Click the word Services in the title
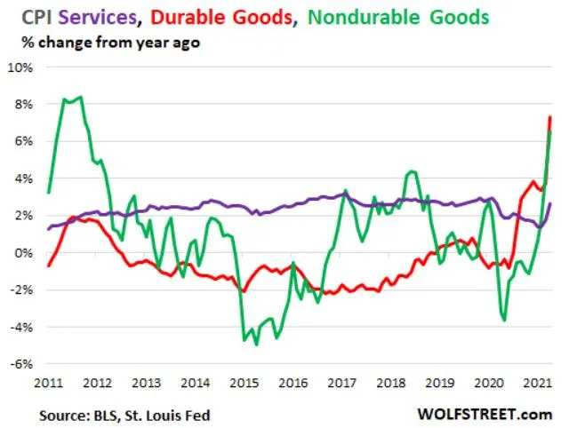(102, 17)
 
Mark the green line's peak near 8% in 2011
(82, 97)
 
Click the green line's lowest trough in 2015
(257, 344)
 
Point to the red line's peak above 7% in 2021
(550, 117)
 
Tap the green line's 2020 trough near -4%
(505, 320)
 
